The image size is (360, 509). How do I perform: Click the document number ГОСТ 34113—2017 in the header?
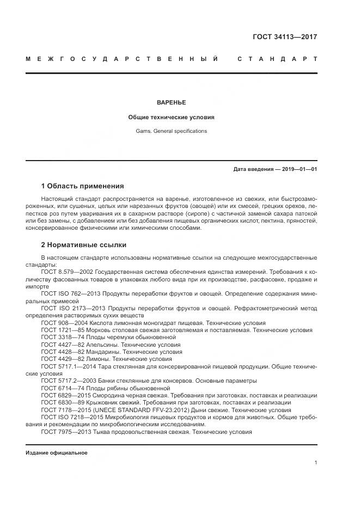click(285, 38)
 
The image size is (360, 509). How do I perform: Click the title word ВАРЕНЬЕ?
click(171, 102)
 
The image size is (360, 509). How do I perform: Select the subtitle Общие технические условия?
click(171, 117)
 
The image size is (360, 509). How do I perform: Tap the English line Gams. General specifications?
click(171, 131)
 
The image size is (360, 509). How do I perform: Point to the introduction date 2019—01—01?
click(298, 169)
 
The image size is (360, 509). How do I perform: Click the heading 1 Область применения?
click(82, 186)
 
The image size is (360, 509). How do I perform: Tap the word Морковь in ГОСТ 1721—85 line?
click(103, 330)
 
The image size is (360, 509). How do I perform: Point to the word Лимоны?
click(99, 359)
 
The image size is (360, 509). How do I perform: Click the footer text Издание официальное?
click(56, 452)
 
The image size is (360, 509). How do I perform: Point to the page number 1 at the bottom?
click(316, 462)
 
